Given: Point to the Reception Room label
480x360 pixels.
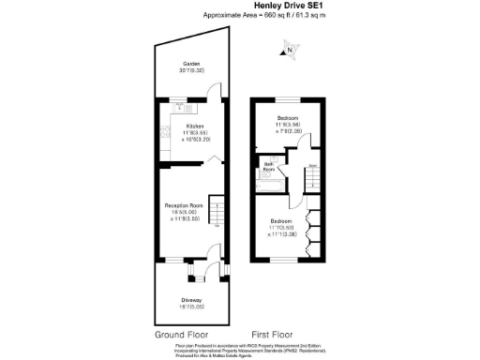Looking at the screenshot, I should [x=185, y=205].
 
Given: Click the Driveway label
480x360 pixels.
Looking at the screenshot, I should [x=192, y=300].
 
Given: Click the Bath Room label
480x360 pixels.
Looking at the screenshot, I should [x=269, y=167].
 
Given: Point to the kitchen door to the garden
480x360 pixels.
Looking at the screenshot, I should [x=216, y=93].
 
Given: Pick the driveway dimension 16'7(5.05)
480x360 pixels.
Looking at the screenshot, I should [x=192, y=307].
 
